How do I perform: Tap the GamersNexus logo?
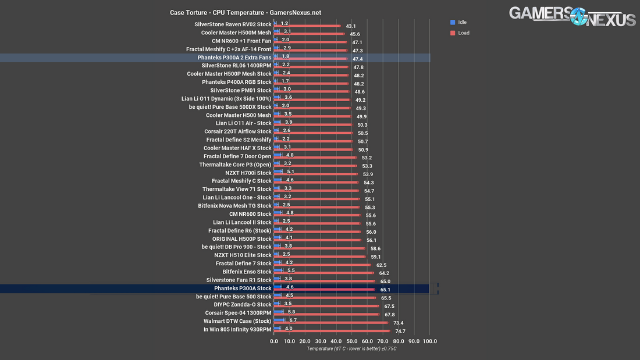[x=572, y=16]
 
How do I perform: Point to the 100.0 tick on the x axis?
[x=430, y=341]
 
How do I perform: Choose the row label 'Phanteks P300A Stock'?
[x=243, y=288]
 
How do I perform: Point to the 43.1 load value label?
[x=351, y=26]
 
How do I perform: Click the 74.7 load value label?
[x=400, y=331]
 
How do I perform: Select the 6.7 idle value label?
[x=293, y=320]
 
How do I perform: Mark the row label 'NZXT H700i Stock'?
[x=248, y=173]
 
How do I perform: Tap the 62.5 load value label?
[x=381, y=265]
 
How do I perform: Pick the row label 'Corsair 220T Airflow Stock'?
[x=238, y=131]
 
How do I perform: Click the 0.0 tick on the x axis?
[x=275, y=341]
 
